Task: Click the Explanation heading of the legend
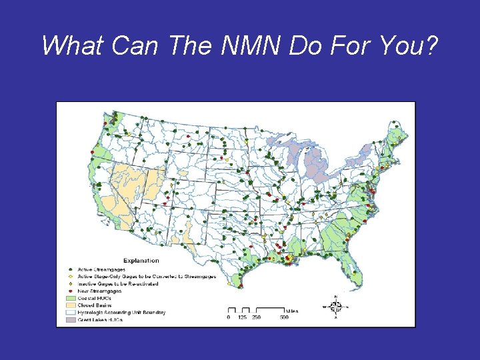pyautogui.click(x=140, y=261)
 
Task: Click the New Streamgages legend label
pyautogui.click(x=99, y=291)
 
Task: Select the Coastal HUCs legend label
pyautogui.click(x=95, y=298)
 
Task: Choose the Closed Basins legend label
pyautogui.click(x=96, y=305)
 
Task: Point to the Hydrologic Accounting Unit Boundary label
pyautogui.click(x=121, y=313)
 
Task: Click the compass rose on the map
pyautogui.click(x=336, y=307)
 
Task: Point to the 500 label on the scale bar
pyautogui.click(x=283, y=317)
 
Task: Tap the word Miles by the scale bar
pyautogui.click(x=291, y=310)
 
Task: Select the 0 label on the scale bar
pyautogui.click(x=228, y=317)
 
